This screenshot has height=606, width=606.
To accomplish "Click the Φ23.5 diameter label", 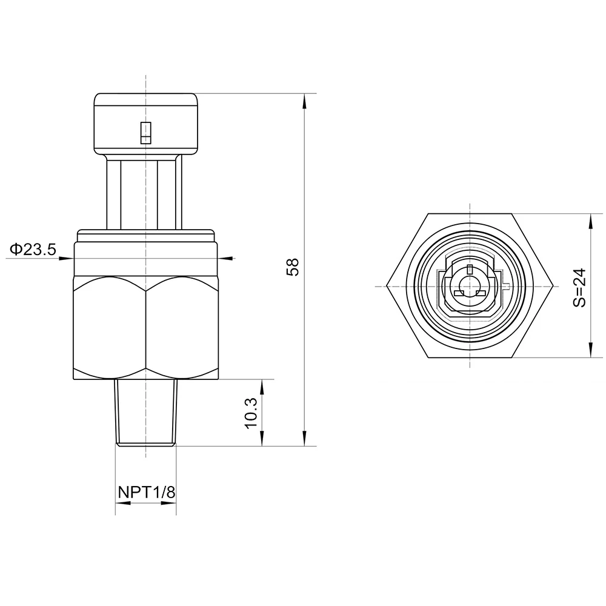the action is (33, 249).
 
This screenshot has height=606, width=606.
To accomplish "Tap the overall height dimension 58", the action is (293, 267).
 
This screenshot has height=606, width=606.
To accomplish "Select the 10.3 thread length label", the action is (251, 413).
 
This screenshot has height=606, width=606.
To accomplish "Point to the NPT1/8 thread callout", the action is (147, 492).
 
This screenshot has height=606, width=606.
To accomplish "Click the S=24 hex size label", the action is (580, 287).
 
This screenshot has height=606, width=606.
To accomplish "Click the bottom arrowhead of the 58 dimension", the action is (305, 439).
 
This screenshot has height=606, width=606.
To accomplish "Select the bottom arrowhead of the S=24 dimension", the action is (590, 350).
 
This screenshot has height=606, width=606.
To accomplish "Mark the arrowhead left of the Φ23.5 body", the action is (66, 258).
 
